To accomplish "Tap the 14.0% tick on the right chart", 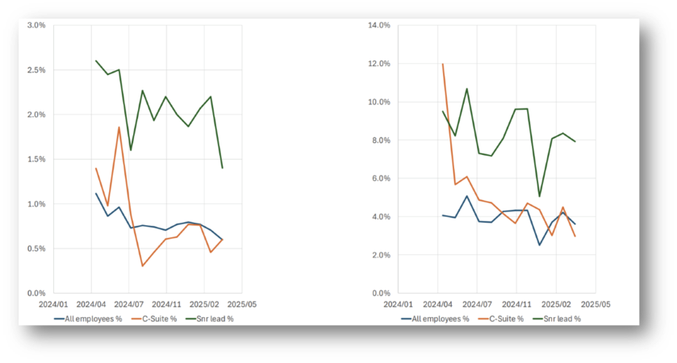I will point(378,25).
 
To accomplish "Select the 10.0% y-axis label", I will point(378,102).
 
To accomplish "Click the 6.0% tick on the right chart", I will point(380,178).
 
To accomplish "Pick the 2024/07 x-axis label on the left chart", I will point(127,306).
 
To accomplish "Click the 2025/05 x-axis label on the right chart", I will point(595,306).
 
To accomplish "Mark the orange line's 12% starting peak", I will point(443,64).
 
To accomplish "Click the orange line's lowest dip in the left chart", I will point(143,266).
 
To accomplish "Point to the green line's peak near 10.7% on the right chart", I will point(466,89).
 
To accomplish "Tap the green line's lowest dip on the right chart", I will point(540,196).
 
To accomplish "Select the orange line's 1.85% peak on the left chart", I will point(119,127).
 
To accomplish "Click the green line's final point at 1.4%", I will point(222,168).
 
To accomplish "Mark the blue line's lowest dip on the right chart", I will point(540,245).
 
